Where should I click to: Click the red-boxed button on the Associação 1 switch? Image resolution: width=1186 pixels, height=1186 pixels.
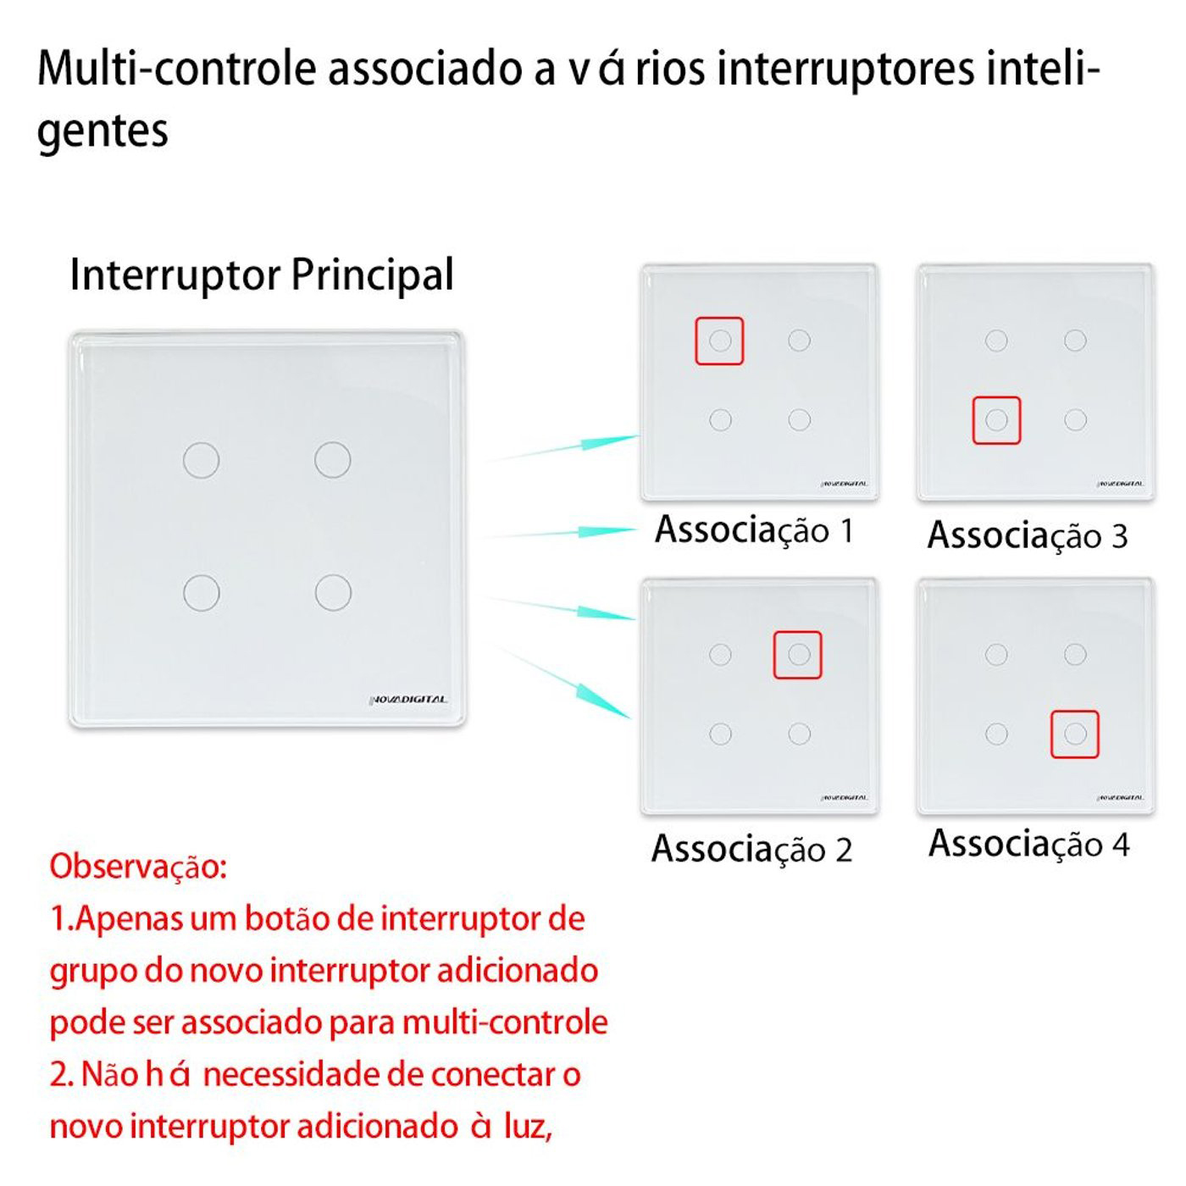719,341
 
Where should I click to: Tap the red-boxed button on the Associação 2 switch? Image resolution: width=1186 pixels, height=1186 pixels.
798,654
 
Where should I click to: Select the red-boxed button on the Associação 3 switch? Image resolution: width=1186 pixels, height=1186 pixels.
996,419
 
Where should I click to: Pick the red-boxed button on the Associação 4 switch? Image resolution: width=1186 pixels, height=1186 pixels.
1075,734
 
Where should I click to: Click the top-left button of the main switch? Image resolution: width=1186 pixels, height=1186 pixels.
202,460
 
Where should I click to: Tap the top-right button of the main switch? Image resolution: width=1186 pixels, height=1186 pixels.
332,460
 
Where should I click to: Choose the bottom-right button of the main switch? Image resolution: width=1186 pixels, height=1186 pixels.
333,593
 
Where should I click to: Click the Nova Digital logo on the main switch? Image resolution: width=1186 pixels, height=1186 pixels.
408,699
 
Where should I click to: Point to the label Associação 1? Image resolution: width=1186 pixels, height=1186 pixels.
754,530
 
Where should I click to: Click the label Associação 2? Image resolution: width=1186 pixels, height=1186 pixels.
751,850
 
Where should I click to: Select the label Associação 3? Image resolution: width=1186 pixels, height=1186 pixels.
1028,535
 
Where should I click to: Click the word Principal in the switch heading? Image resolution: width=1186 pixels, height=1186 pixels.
373,274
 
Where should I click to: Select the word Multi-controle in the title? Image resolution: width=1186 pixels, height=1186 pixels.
177,68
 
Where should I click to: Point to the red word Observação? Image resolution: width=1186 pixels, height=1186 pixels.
138,867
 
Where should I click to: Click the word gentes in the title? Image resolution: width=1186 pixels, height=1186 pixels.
103,131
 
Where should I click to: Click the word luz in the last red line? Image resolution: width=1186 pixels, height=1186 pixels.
528,1127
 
